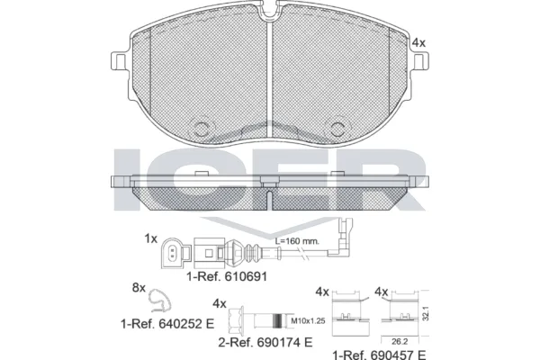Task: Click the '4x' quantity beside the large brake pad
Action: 418,42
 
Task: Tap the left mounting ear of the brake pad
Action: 120,60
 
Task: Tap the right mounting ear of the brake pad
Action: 420,60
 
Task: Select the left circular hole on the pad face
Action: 204,127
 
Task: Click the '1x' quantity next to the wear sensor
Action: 150,239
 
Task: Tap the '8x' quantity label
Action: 139,288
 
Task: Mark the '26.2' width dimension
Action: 398,340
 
